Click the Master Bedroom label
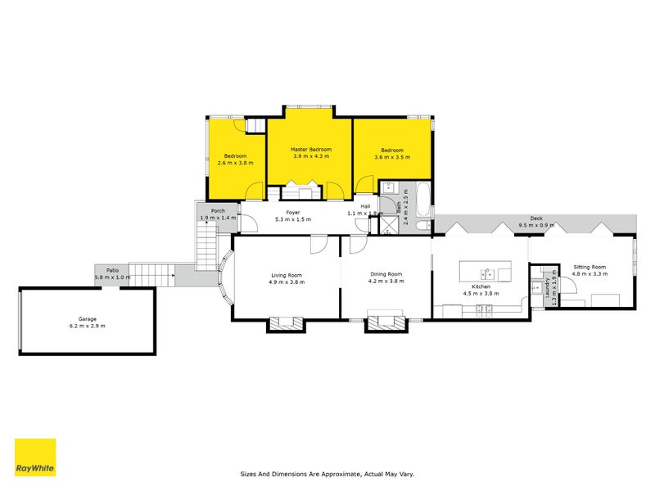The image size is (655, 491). tap(311, 150)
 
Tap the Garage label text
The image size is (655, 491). tap(88, 318)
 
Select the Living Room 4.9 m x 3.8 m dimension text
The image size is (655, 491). tap(287, 282)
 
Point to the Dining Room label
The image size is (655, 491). tap(385, 274)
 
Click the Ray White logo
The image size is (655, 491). tap(35, 458)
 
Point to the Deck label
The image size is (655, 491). tap(536, 218)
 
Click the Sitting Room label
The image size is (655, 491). tap(589, 267)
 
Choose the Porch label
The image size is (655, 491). tap(218, 211)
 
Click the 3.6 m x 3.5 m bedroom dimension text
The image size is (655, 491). tap(391, 157)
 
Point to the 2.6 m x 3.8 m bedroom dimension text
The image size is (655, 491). tap(236, 163)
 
